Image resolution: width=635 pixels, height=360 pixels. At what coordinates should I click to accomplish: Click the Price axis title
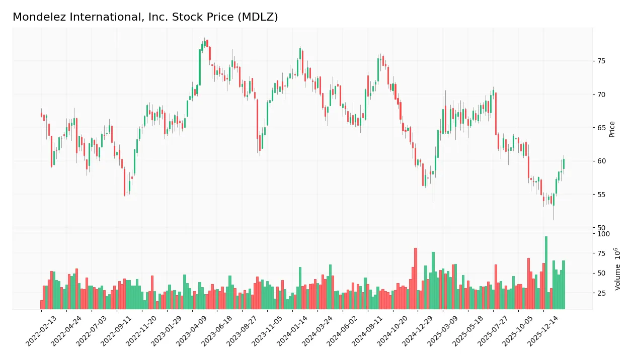[612, 129]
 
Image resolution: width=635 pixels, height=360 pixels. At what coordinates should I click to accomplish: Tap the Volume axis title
[617, 268]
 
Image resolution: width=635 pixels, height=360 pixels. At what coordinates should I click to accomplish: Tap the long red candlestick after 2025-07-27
[496, 114]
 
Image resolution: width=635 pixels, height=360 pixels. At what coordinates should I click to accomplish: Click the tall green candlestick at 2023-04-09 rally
[200, 67]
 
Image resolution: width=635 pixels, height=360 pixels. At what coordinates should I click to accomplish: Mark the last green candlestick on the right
[564, 164]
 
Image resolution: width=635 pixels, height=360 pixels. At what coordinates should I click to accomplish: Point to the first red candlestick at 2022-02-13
[41, 115]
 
